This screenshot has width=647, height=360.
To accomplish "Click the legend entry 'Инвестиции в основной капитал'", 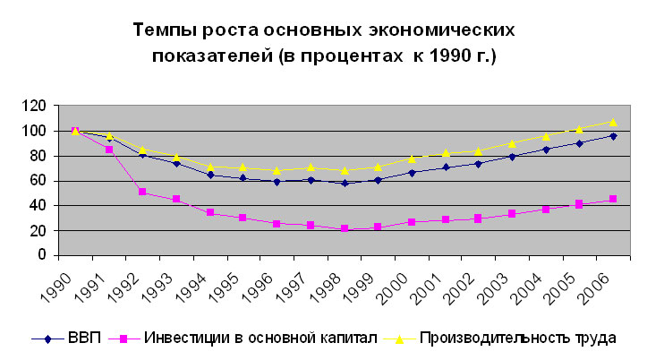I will [x=254, y=339].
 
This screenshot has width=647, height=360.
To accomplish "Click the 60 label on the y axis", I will [x=38, y=181].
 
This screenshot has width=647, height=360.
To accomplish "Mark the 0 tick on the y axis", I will [x=42, y=255].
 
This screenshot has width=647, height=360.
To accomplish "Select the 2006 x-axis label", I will [x=607, y=286].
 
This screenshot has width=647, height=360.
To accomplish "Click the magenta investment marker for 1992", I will [x=142, y=192].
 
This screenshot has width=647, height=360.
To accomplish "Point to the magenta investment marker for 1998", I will [x=344, y=229].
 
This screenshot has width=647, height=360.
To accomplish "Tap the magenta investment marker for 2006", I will [x=613, y=199].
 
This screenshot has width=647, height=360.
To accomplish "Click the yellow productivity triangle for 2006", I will [x=613, y=122].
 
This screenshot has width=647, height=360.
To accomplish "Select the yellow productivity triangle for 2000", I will [x=412, y=159].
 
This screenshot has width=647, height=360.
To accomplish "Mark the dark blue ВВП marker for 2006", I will [x=613, y=135].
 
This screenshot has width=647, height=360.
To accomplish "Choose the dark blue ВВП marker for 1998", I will [x=344, y=183].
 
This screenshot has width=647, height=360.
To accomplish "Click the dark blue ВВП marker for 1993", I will [x=176, y=163].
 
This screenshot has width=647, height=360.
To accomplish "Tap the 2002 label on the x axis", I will [x=472, y=286].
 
